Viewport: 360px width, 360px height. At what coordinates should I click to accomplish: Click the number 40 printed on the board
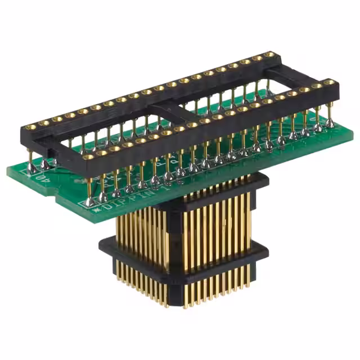24,178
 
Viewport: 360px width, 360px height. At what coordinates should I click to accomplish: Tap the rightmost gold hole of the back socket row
271,55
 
